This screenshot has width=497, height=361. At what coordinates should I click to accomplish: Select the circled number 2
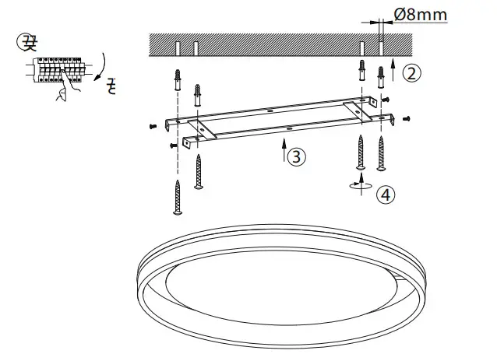click(413, 73)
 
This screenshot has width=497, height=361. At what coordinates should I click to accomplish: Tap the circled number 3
click(296, 156)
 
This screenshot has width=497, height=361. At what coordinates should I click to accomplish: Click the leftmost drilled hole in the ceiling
click(179, 48)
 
